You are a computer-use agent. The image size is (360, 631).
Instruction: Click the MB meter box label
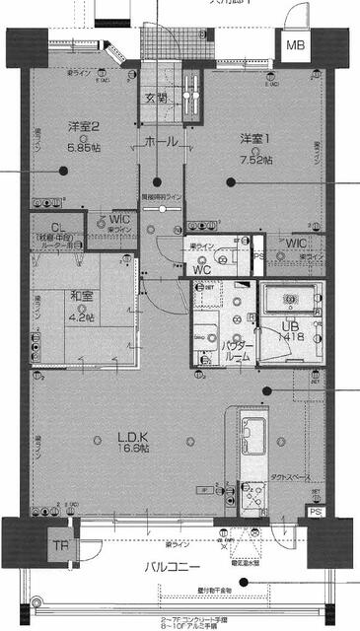pos(295,46)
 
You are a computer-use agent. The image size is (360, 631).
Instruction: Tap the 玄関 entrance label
pos(156,98)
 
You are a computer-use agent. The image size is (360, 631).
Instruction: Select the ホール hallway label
pos(161,142)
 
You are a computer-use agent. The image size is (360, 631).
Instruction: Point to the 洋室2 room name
pos(84,127)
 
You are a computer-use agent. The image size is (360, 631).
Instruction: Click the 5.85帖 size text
pos(84,146)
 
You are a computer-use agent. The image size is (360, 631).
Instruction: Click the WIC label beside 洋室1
pos(295,243)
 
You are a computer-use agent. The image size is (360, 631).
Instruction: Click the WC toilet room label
pos(203,268)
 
